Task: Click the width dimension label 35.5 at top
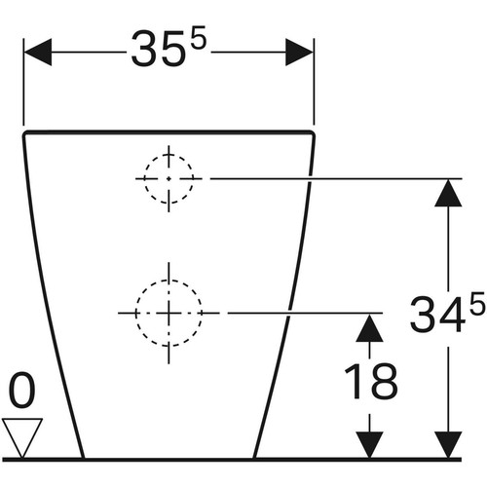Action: (169, 47)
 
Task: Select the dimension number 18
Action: (371, 381)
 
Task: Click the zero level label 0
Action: (22, 390)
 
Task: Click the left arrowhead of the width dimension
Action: (38, 52)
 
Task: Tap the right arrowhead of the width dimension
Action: (299, 52)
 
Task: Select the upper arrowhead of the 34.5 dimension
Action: (448, 193)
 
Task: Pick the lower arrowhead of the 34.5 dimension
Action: (448, 445)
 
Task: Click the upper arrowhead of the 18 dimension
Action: (369, 327)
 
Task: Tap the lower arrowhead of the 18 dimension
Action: (369, 445)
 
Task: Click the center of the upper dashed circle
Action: (169, 178)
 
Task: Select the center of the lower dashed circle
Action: (169, 314)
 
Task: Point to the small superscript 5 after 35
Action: (199, 37)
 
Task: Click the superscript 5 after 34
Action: (478, 304)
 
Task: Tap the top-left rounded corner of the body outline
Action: (25, 133)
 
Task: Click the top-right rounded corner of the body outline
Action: (313, 133)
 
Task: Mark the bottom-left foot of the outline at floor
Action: (83, 458)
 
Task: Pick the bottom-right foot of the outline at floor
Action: (255, 458)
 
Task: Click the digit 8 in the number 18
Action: (385, 381)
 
